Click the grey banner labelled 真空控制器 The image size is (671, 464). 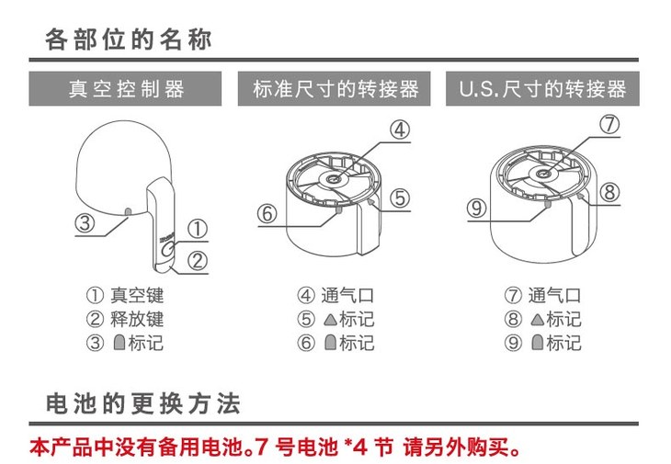click(127, 89)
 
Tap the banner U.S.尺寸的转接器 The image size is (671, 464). click(542, 89)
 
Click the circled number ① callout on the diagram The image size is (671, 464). click(197, 229)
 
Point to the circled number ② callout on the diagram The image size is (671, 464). click(197, 260)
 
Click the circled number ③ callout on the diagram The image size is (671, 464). click(83, 222)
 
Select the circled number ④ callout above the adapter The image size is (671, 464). click(398, 130)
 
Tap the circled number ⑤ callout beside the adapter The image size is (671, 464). click(399, 197)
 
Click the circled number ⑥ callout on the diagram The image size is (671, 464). click(267, 213)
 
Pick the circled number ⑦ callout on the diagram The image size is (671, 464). click(608, 125)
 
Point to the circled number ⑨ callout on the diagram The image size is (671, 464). click(475, 208)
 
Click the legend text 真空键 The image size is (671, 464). click(137, 296)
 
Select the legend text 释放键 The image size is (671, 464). click(137, 319)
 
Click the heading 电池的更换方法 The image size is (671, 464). click(142, 404)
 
